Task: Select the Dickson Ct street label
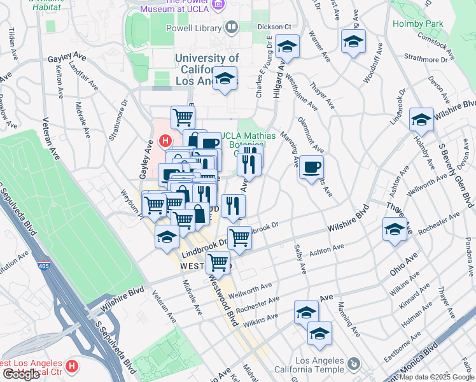tap(274, 27)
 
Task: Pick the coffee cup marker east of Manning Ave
tap(311, 167)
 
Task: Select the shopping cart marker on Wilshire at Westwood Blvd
tap(218, 262)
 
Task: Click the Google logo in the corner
tap(21, 374)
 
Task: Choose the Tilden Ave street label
tap(11, 41)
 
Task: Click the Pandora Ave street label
tap(468, 252)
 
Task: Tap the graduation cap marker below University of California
tap(224, 79)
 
